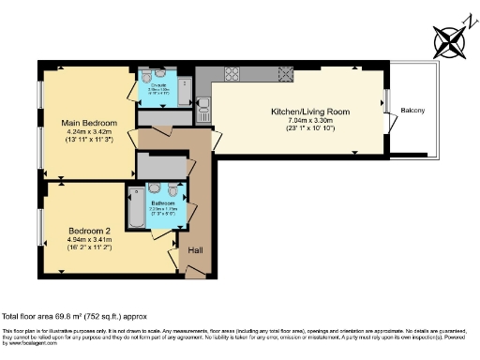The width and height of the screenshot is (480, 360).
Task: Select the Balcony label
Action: tap(413, 112)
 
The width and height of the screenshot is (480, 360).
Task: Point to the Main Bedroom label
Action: tap(89, 123)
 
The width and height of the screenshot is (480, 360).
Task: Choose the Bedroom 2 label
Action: tap(89, 230)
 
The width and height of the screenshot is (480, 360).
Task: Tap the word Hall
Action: tap(196, 250)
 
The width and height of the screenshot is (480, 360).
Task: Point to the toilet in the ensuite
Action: tap(161, 76)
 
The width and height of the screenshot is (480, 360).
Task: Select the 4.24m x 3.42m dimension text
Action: tap(89, 133)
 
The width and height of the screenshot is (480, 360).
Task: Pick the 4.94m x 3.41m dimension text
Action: tap(89, 240)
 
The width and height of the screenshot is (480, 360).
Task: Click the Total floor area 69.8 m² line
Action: tap(75, 317)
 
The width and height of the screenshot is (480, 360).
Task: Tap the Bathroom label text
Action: tap(164, 203)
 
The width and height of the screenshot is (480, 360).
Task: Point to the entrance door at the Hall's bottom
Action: tap(198, 272)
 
